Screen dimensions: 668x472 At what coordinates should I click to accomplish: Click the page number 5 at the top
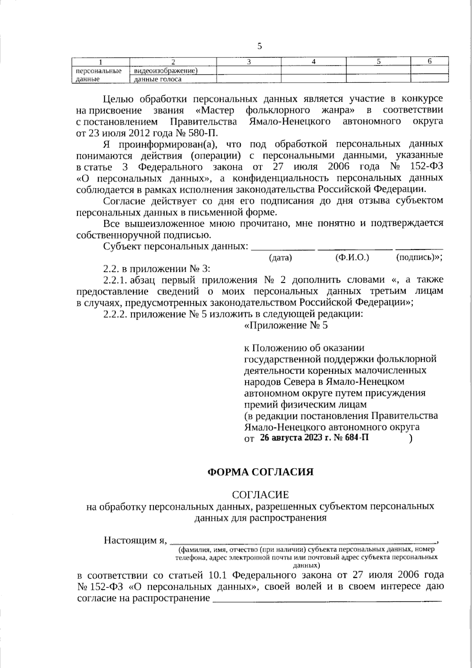(259, 46)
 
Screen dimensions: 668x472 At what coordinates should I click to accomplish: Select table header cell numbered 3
(249, 61)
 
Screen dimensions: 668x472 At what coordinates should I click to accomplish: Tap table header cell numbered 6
(430, 61)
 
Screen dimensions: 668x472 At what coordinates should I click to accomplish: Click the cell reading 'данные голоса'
(158, 79)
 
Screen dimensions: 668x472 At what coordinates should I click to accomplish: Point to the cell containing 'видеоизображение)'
(165, 70)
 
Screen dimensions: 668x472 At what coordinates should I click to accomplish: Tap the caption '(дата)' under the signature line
(280, 258)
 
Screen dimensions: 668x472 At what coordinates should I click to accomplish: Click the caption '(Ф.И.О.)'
(352, 258)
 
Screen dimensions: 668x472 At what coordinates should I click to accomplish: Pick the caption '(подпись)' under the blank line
(417, 258)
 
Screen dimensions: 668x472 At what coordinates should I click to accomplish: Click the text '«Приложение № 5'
(286, 326)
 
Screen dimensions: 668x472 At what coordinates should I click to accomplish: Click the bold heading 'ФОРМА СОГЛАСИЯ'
(260, 472)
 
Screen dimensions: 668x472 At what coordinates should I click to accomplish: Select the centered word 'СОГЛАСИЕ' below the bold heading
(260, 494)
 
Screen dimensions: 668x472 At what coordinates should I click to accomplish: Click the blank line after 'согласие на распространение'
(326, 600)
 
